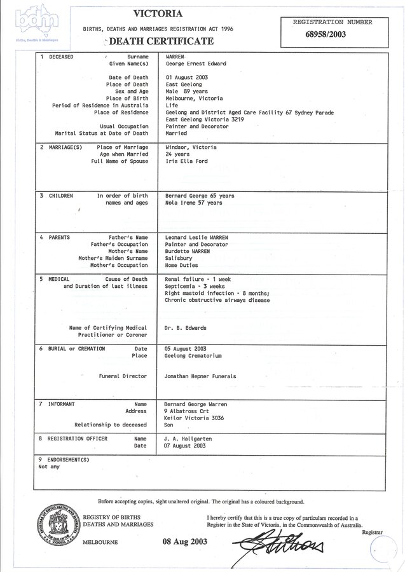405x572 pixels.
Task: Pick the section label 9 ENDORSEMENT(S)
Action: (64, 460)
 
